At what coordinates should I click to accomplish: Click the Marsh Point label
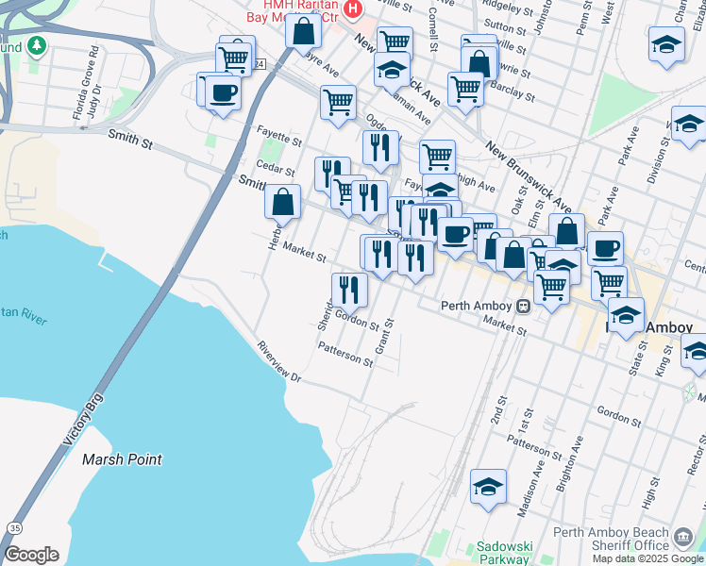pos(121,459)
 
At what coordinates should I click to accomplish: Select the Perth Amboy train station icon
pos(522,306)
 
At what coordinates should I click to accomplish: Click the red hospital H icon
pos(353,9)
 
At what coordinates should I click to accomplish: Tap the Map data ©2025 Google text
pos(647,558)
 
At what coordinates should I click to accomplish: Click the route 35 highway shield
pos(14,527)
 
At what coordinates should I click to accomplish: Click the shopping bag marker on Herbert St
pos(283,202)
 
